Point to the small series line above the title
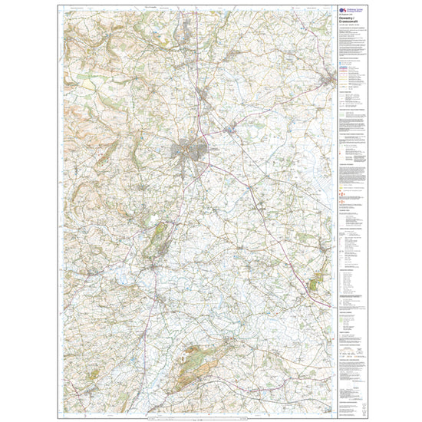coord(346,15)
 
